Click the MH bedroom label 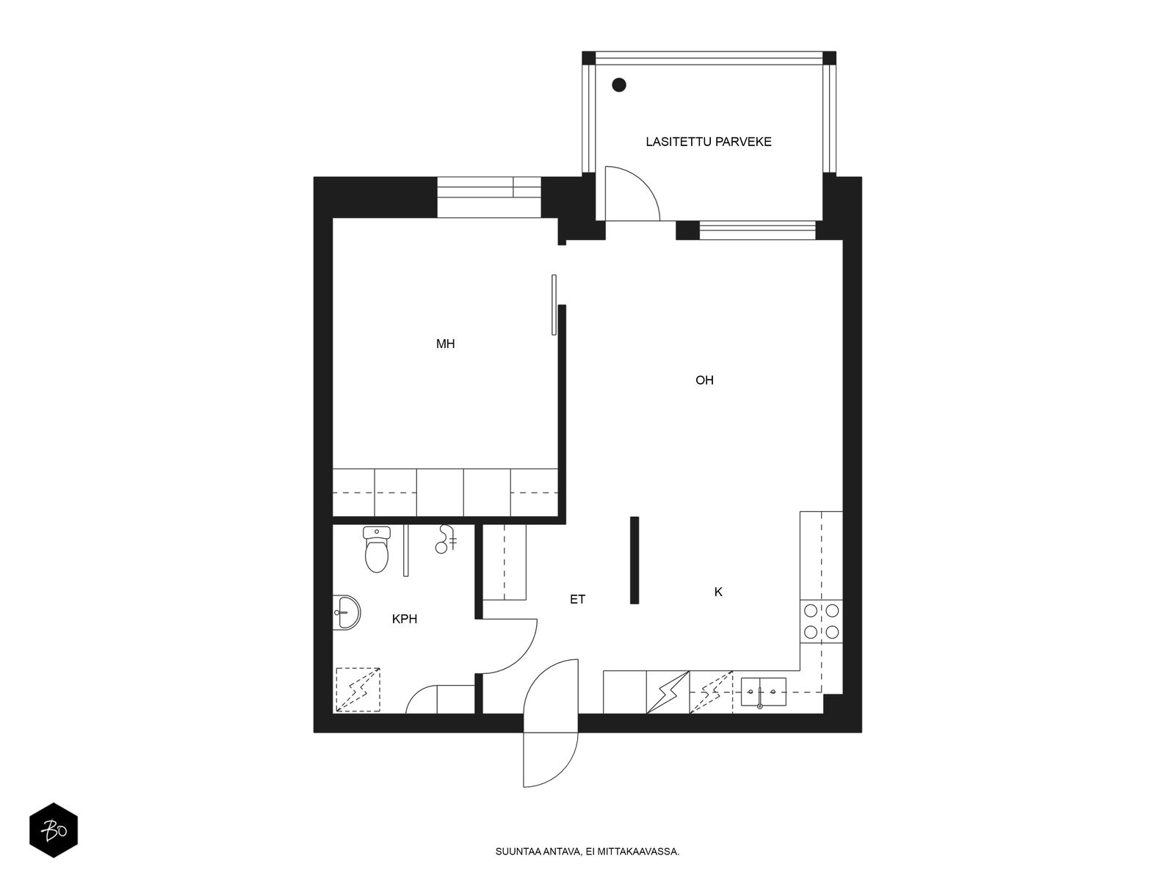click(445, 344)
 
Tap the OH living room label click(704, 380)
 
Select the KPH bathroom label click(404, 619)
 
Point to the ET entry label click(578, 600)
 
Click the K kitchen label click(718, 592)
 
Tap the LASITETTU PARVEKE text click(709, 142)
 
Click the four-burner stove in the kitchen click(821, 620)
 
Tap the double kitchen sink click(763, 691)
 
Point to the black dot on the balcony click(619, 85)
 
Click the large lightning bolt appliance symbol click(668, 692)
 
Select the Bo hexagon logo click(54, 831)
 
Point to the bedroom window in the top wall click(488, 197)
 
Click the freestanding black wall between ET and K click(634, 560)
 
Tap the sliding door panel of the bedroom click(554, 305)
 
